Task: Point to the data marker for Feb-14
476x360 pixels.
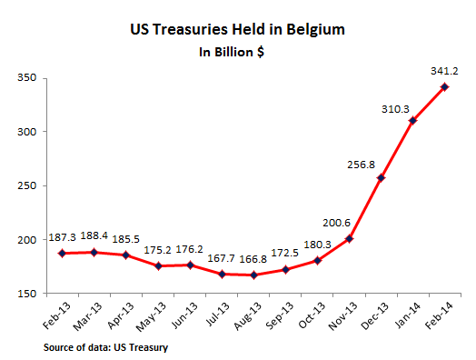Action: [444, 87]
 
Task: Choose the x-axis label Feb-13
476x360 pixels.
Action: [52, 315]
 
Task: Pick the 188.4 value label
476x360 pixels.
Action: [94, 234]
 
